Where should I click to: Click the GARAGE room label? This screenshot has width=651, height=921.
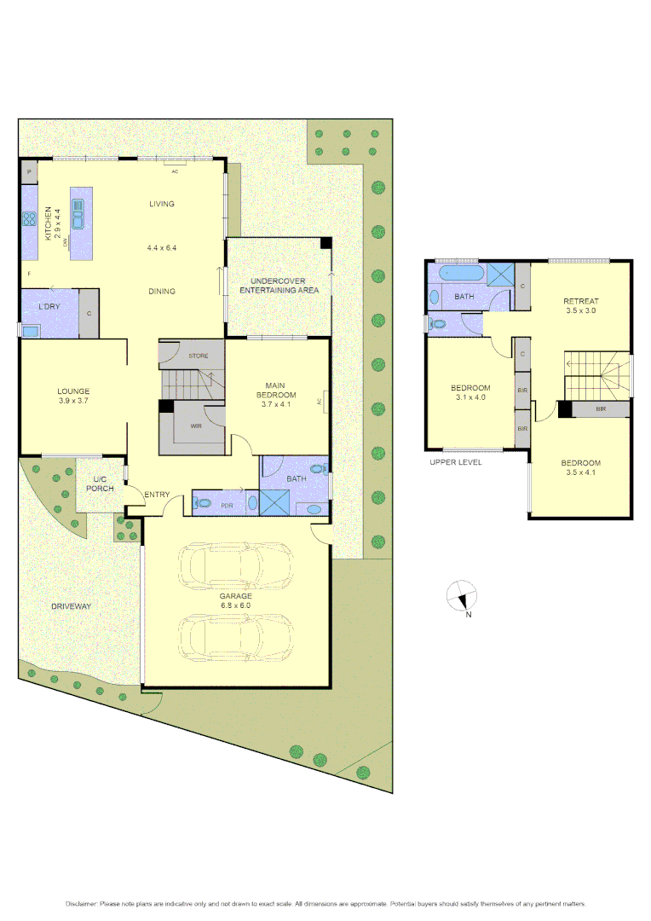click(235, 596)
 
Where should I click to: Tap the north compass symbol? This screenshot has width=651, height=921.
click(461, 596)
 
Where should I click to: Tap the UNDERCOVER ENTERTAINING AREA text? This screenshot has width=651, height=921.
click(279, 286)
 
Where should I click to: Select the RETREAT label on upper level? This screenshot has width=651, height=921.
click(580, 301)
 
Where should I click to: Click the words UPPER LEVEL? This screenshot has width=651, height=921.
click(456, 462)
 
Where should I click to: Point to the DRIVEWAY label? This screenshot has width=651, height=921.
click(71, 606)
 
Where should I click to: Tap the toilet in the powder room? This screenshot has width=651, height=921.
click(201, 504)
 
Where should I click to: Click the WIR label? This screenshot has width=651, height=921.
click(195, 426)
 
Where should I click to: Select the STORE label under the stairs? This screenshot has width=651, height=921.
click(199, 355)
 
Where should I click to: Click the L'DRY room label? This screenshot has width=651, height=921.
click(49, 305)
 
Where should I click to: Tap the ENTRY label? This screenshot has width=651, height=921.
click(157, 495)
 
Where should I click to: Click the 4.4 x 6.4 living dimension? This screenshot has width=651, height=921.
click(161, 248)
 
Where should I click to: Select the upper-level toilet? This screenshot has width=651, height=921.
click(439, 324)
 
